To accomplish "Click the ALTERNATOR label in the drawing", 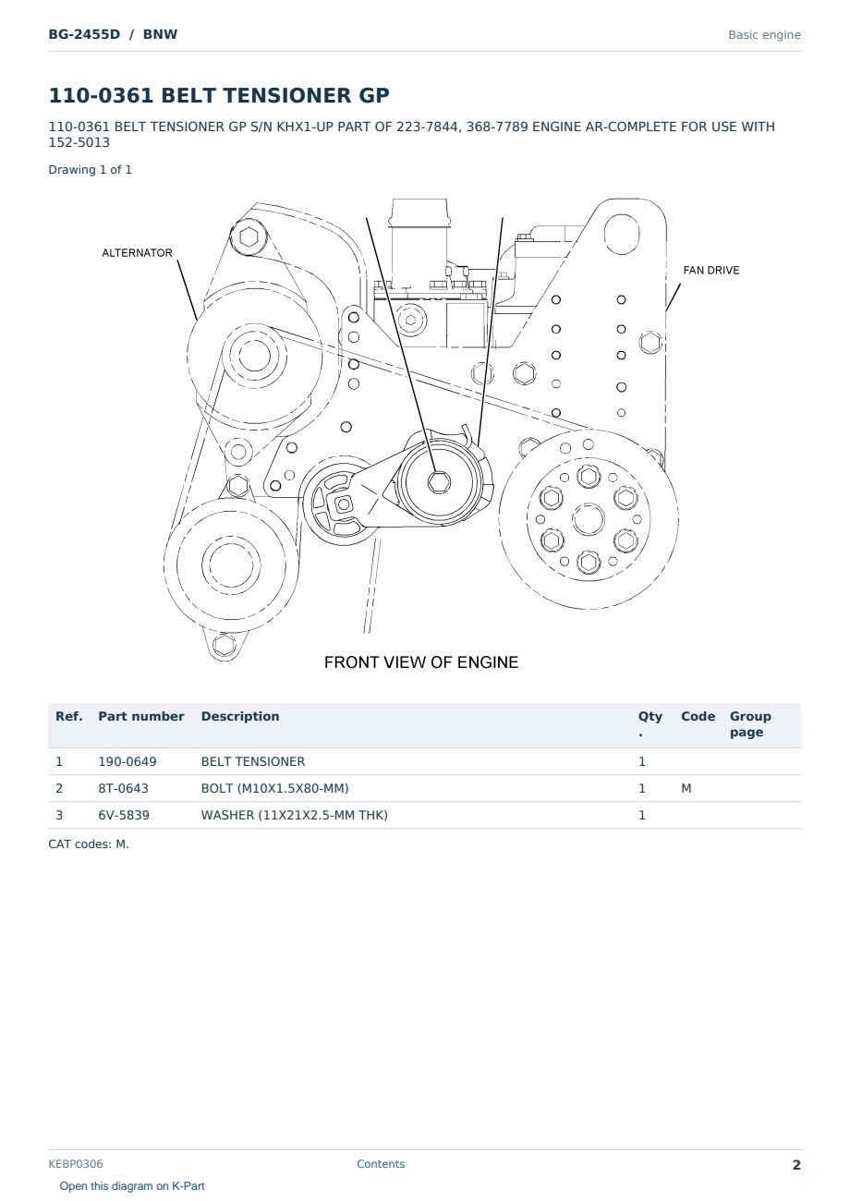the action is coord(138,252).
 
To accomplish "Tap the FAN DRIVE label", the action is coord(711,270).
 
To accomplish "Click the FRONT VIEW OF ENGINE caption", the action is coord(421,662).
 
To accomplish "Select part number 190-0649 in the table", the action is coord(127,761).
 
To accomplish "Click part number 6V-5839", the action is coord(124,815).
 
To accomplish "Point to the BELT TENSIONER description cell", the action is coord(252,761).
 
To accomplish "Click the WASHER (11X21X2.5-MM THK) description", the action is coord(294,815).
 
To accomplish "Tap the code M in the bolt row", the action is coord(686,788).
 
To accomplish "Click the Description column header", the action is coord(239,716).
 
